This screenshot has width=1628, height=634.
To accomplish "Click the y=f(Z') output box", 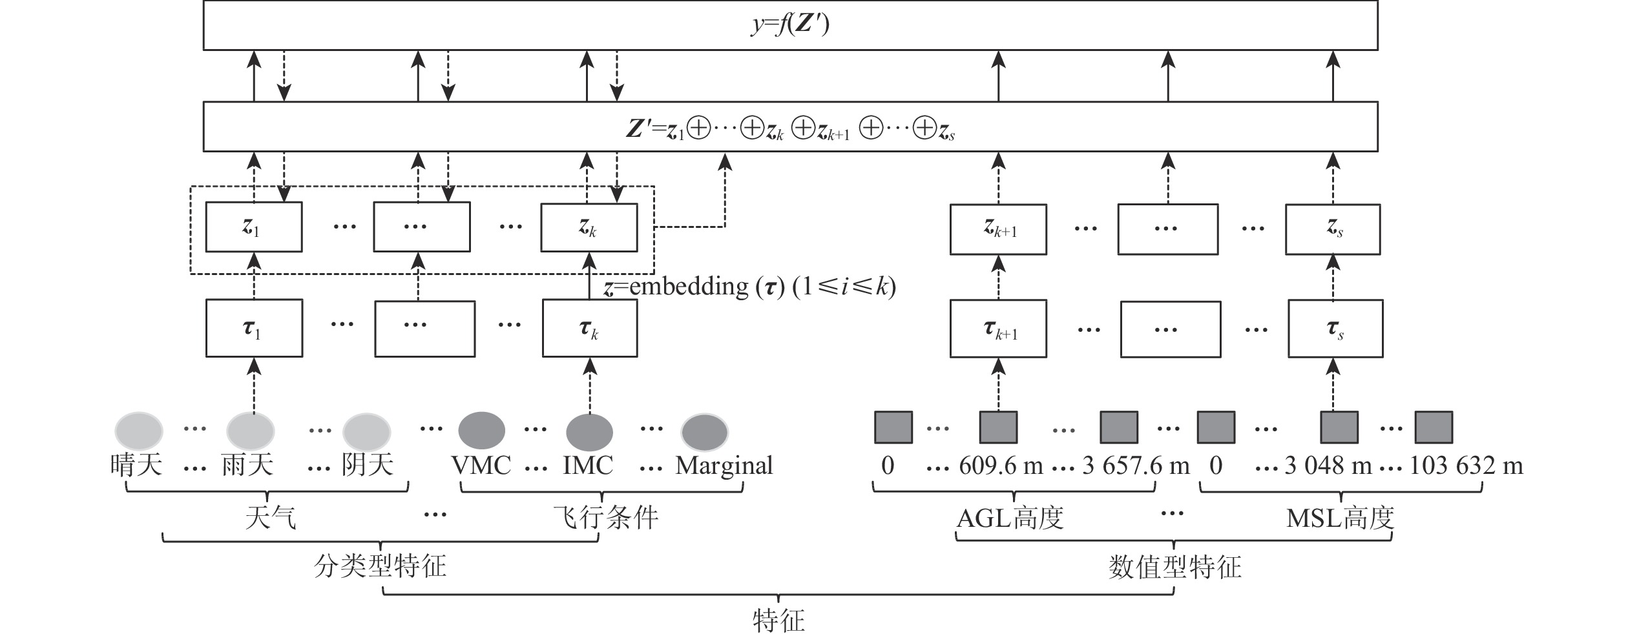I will pyautogui.click(x=790, y=25).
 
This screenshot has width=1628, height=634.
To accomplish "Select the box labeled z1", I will pyautogui.click(x=253, y=227).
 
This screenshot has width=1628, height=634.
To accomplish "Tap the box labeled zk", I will pyautogui.click(x=589, y=227).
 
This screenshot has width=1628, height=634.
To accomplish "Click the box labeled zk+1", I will pyautogui.click(x=998, y=229).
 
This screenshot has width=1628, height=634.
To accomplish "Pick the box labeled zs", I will pyautogui.click(x=1333, y=229).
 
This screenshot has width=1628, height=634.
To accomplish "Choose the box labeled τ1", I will pyautogui.click(x=254, y=328).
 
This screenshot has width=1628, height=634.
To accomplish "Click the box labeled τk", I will pyautogui.click(x=589, y=328).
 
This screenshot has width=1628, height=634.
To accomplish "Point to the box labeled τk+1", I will pyautogui.click(x=998, y=329).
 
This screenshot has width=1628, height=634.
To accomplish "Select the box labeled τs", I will pyautogui.click(x=1335, y=329).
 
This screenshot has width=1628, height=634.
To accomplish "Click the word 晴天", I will pyautogui.click(x=136, y=465).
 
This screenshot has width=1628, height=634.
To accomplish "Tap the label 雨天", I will pyautogui.click(x=247, y=465).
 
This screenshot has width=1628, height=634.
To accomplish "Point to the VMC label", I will pyautogui.click(x=481, y=465).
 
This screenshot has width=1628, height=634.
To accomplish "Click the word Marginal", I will pyautogui.click(x=724, y=465).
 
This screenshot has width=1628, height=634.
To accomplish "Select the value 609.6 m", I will pyautogui.click(x=1001, y=465).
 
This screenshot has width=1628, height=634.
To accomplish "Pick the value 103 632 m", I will pyautogui.click(x=1466, y=465).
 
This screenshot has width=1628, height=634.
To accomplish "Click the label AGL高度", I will pyautogui.click(x=1010, y=518).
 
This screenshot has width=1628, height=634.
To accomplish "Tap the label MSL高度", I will pyautogui.click(x=1340, y=518).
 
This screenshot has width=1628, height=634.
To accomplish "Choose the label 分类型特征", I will pyautogui.click(x=380, y=566).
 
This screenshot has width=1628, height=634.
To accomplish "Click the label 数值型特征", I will pyautogui.click(x=1174, y=567).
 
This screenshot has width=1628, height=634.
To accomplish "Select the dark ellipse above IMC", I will pyautogui.click(x=589, y=432).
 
